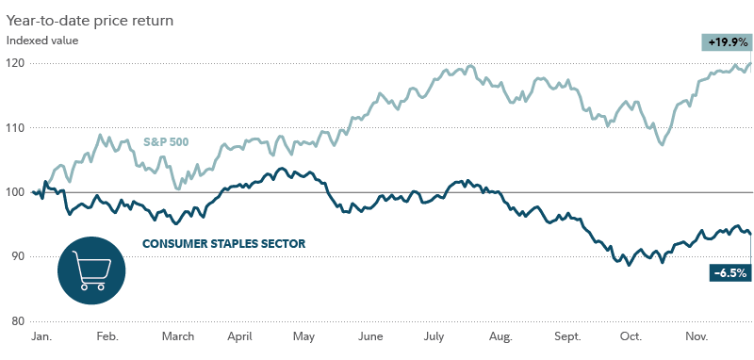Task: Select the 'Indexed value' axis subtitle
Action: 42,41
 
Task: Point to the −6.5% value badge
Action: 729,273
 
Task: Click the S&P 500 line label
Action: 166,141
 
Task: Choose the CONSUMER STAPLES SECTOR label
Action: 223,244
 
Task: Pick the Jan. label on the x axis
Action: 41,336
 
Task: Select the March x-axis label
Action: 177,336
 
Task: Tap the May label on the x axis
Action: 303,336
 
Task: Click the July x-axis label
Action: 435,336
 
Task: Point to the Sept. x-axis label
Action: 568,336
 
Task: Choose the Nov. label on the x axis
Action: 697,336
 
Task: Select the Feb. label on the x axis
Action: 107,336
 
